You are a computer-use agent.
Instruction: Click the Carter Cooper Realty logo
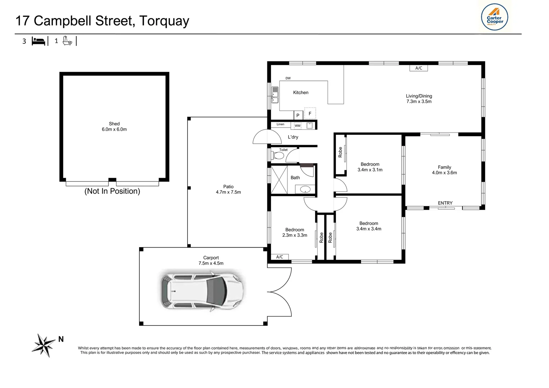click(494, 17)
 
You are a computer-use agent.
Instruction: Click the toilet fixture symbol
click(278, 156)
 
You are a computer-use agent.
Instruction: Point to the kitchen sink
click(275, 95)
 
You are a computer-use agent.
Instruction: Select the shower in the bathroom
click(279, 180)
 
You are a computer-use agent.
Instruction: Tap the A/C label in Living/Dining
click(419, 68)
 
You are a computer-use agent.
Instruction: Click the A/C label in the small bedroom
click(280, 257)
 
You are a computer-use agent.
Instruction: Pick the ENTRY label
click(445, 203)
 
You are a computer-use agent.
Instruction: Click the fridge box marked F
click(310, 114)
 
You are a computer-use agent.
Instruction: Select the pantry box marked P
click(298, 115)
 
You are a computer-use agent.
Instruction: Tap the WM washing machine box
click(297, 126)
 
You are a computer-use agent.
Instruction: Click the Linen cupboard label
click(280, 124)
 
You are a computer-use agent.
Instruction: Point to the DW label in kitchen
click(288, 78)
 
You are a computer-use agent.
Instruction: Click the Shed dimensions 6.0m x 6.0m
click(114, 129)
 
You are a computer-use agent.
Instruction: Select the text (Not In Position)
click(112, 191)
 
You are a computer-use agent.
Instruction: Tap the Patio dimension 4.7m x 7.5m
click(229, 192)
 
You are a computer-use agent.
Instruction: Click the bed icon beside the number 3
click(38, 41)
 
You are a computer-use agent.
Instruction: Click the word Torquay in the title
click(164, 21)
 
